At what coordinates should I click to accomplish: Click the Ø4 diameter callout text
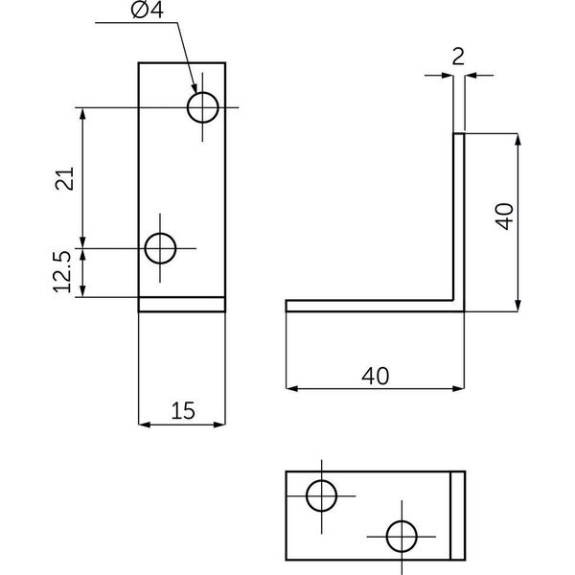coord(147,11)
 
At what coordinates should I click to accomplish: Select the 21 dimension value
coord(65,178)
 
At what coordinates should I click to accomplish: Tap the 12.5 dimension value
coord(62,272)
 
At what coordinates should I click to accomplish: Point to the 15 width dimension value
coord(183,411)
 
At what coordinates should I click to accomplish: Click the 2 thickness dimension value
coord(458,57)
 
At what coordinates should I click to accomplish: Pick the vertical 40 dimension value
coord(504,217)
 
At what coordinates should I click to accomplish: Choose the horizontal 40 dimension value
coord(375,377)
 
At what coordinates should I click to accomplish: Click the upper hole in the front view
coord(203,107)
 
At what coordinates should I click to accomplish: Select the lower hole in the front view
coord(160,248)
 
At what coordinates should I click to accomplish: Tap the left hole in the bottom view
coord(321,495)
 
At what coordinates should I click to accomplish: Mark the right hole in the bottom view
coord(402,537)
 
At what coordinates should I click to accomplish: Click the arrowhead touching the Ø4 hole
coord(194,88)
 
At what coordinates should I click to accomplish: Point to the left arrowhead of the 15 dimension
coord(144,425)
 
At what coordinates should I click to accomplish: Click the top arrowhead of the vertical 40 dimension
coord(517,139)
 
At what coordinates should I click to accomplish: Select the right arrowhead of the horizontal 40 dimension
coord(458,389)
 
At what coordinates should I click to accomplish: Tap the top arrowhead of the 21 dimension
coord(82,114)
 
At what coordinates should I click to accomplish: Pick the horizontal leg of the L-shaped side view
coord(375,306)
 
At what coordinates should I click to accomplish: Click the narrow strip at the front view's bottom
coord(182,305)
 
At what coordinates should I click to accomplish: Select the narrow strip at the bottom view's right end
coord(458,516)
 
